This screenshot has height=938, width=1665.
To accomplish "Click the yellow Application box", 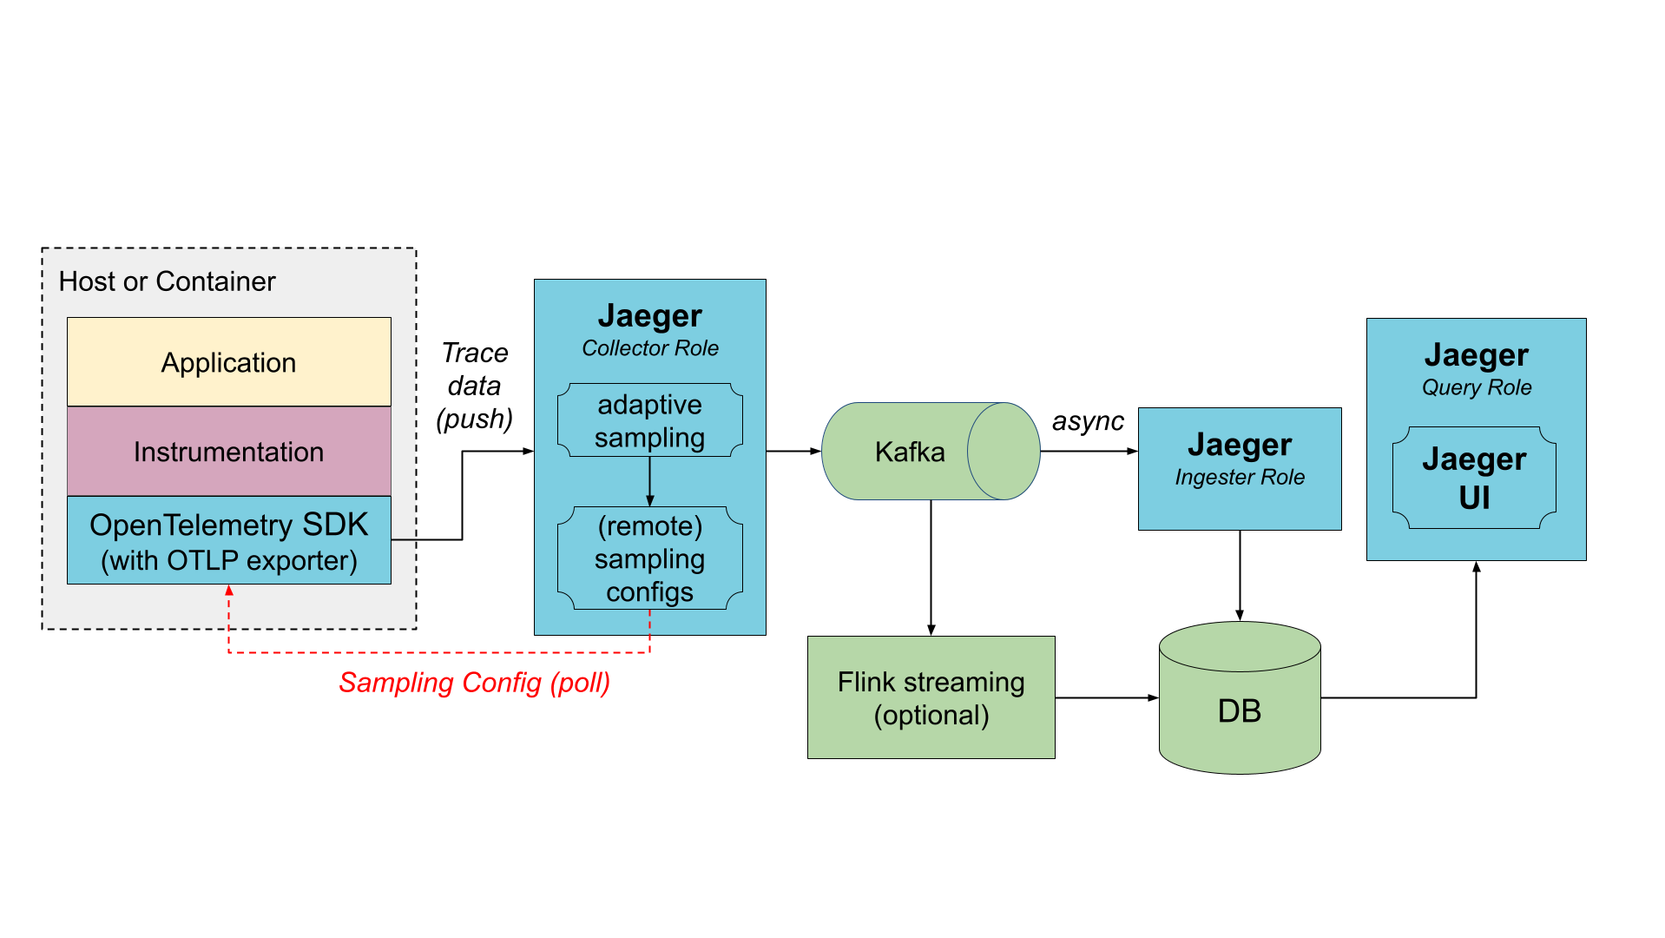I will (228, 362).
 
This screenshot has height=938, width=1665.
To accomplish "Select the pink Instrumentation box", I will (228, 452).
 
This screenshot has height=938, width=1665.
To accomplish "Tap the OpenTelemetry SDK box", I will (228, 541).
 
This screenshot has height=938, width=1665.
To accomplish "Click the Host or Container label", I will (167, 281).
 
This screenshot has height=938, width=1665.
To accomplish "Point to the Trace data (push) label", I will (474, 386).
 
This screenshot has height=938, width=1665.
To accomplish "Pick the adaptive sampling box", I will (649, 421).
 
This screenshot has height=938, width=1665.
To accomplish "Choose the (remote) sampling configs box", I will (649, 558).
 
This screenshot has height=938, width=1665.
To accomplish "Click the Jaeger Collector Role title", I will (649, 329).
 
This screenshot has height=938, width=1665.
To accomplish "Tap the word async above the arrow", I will (1088, 421).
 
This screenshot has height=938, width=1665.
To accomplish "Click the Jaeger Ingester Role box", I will (1240, 468).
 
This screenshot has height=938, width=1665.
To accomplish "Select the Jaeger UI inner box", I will (1474, 478).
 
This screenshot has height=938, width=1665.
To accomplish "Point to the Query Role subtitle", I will (1476, 387).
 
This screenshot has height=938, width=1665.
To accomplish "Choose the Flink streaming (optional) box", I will (931, 697).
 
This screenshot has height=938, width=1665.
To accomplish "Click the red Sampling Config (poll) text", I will (474, 683).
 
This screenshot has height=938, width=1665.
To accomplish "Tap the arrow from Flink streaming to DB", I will (1107, 697).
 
